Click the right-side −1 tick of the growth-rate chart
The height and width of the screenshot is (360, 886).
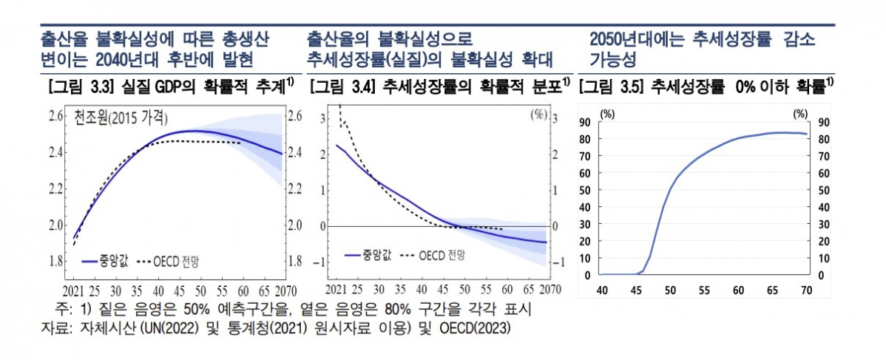point(560,262)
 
